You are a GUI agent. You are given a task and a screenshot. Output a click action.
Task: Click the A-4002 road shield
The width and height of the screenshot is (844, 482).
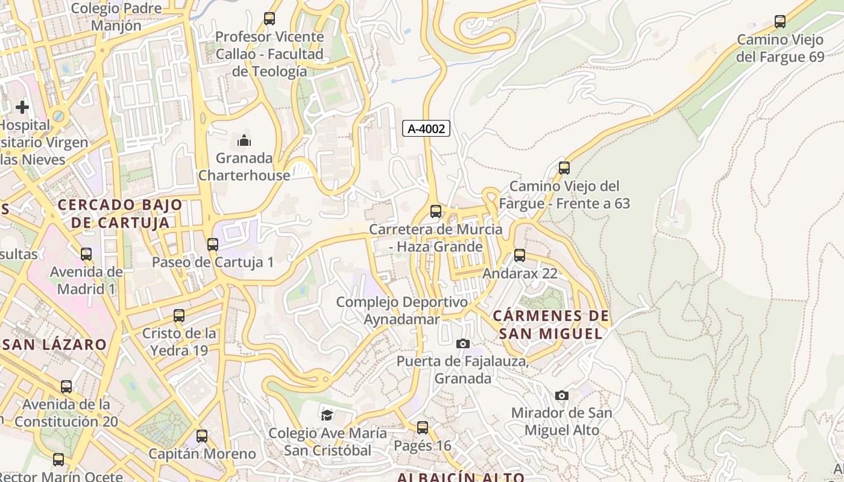tap(426, 128)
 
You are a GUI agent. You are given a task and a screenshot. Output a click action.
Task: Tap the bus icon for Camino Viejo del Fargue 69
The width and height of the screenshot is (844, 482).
tap(779, 22)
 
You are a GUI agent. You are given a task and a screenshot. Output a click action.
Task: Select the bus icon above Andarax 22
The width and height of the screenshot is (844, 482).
tap(520, 255)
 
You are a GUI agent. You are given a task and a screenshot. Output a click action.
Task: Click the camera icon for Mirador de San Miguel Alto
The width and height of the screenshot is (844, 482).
tap(561, 396)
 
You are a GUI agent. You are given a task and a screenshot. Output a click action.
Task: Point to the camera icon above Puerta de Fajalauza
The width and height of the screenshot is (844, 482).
tap(462, 344)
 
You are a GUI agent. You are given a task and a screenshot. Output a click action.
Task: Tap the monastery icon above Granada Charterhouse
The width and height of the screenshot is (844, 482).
tap(244, 141)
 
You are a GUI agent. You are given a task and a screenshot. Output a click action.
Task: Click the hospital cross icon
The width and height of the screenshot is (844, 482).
tap(22, 107)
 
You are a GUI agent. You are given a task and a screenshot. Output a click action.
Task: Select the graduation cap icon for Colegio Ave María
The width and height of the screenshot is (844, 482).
tap(327, 415)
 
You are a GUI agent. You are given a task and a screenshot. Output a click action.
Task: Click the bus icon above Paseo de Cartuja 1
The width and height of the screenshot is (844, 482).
tap(212, 245)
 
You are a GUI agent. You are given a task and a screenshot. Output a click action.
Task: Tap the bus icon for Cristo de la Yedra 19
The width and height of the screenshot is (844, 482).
tap(178, 316)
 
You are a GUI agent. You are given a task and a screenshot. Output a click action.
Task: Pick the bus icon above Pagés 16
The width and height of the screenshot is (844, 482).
tap(423, 428)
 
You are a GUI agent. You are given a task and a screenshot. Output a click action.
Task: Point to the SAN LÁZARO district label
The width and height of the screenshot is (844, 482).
tap(55, 345)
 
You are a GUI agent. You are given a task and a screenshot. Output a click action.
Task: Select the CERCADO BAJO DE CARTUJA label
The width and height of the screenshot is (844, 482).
tap(120, 213)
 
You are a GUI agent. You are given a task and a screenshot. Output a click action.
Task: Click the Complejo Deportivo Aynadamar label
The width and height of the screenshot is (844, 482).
tap(402, 310)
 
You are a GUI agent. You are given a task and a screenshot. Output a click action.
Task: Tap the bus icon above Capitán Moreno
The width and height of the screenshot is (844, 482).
tap(202, 436)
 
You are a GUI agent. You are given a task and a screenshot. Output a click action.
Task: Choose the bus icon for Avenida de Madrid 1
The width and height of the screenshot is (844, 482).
tap(86, 254)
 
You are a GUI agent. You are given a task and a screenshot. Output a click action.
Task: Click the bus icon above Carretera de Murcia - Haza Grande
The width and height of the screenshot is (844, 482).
tap(435, 211)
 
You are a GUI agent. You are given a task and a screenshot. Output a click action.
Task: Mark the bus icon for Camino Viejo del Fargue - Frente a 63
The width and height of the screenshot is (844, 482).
tap(564, 168)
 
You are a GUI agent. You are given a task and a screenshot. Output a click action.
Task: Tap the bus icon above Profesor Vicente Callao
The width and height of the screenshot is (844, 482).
tap(269, 19)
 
